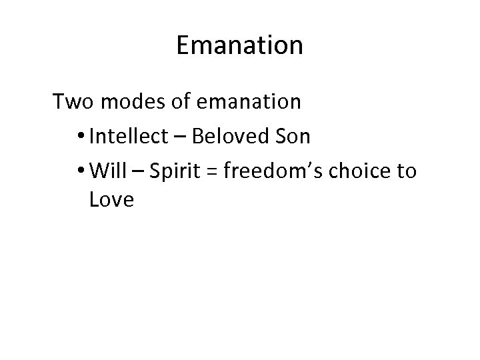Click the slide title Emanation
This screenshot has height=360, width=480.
click(x=240, y=46)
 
